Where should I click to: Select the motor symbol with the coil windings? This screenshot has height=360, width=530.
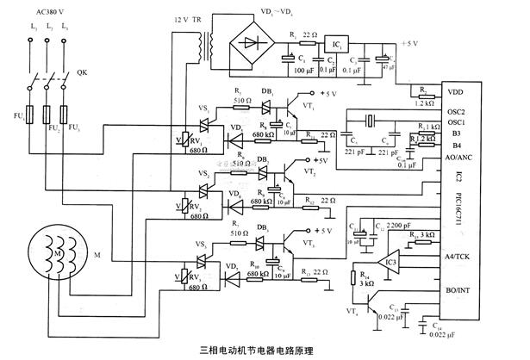[48, 256]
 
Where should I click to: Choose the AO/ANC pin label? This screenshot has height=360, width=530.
[458, 158]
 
